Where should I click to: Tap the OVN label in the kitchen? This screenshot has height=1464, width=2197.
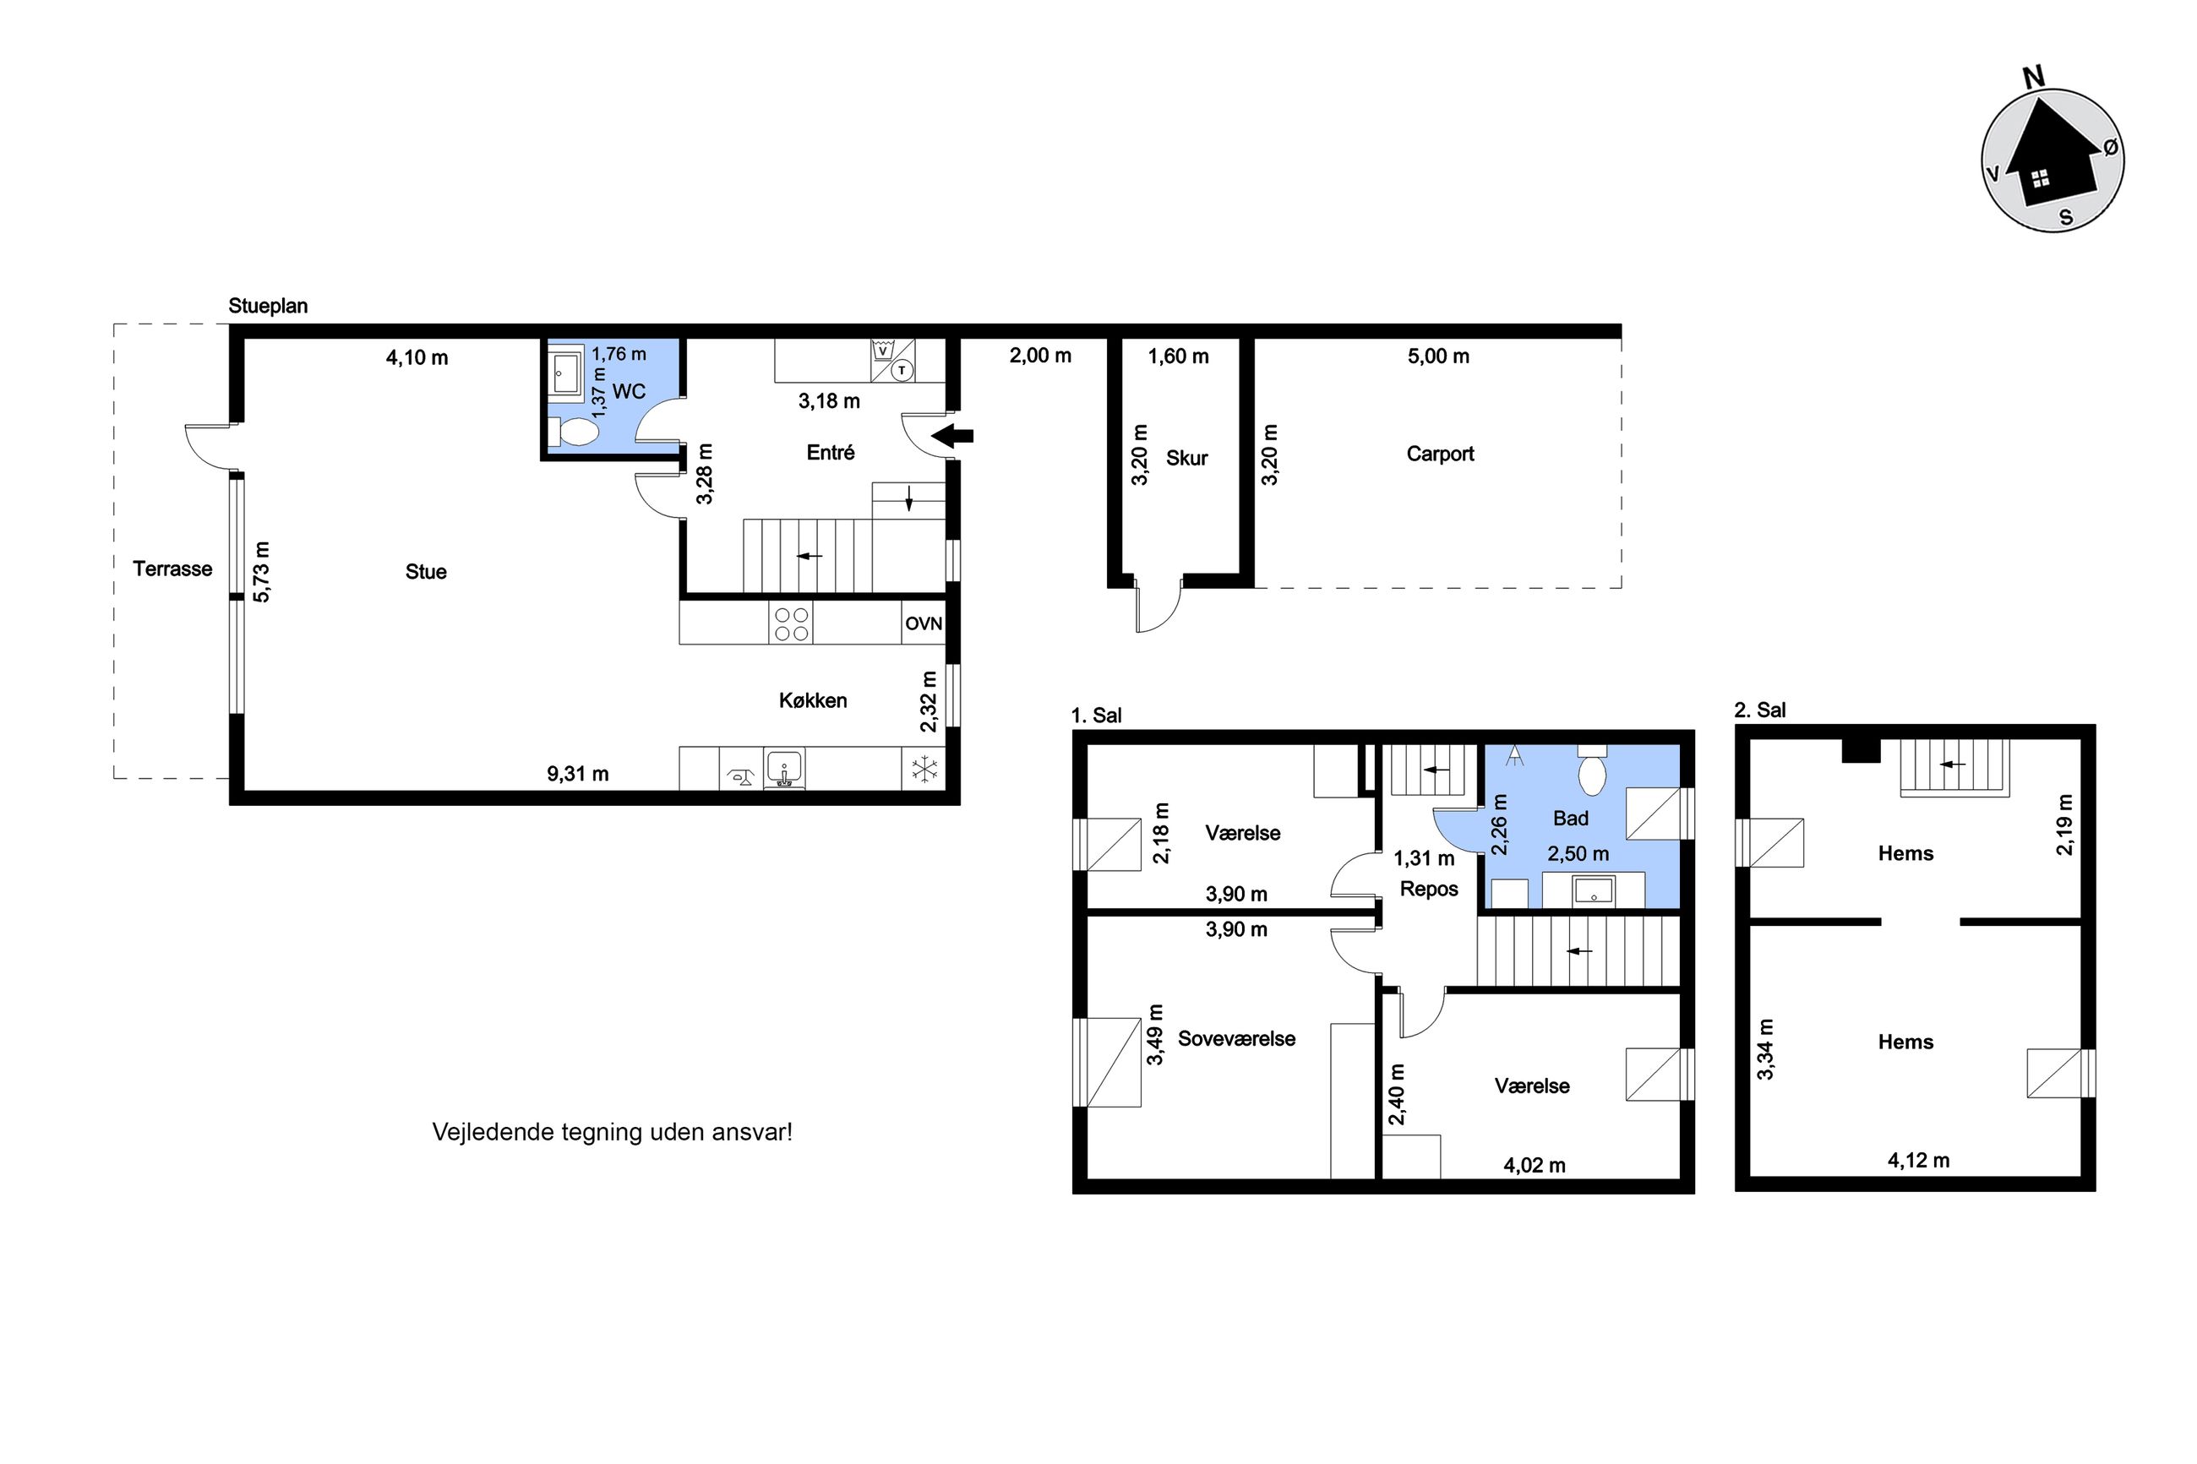click(923, 623)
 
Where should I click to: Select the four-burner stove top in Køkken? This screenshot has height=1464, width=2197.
click(791, 623)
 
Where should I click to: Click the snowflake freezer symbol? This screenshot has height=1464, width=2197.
click(924, 770)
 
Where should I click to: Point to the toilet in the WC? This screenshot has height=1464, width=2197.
click(573, 433)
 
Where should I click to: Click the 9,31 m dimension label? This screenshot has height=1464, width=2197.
click(577, 773)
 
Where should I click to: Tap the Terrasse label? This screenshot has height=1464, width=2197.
click(172, 569)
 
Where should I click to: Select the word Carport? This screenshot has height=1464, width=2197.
click(1440, 454)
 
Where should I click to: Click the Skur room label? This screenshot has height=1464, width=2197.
click(1186, 458)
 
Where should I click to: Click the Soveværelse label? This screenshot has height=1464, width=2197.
click(1236, 1038)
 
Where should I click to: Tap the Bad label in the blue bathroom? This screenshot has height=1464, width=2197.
click(1571, 818)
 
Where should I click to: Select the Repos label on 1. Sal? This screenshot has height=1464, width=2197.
click(1429, 889)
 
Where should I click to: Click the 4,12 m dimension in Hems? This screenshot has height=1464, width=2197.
click(1919, 1160)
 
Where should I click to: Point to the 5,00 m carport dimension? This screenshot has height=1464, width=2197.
click(1438, 356)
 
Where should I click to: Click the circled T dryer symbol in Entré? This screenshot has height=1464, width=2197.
click(901, 371)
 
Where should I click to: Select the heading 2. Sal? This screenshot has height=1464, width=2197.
click(1759, 710)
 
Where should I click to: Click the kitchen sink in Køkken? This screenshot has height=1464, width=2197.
click(784, 769)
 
